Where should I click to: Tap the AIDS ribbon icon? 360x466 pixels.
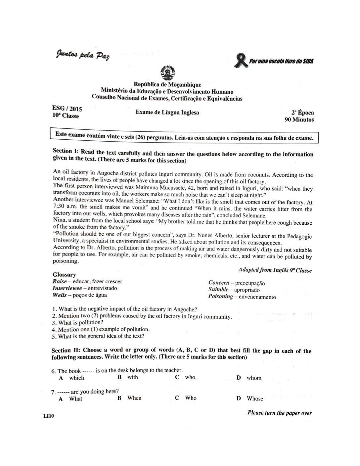tap(241, 61)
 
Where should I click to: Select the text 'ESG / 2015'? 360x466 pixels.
tap(67, 109)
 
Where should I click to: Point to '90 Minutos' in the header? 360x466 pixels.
tap(299, 119)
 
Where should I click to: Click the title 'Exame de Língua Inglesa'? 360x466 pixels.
tap(167, 113)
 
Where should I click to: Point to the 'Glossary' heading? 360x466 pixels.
tap(64, 274)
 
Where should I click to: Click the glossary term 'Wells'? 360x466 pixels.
tap(60, 295)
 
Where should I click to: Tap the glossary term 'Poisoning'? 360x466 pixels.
tap(220, 296)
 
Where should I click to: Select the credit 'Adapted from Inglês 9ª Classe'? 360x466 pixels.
tap(275, 270)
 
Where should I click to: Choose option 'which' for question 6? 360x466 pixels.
tap(76, 378)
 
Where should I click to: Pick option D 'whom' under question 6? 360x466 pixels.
tap(254, 378)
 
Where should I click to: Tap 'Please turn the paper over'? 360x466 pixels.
tap(279, 413)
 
